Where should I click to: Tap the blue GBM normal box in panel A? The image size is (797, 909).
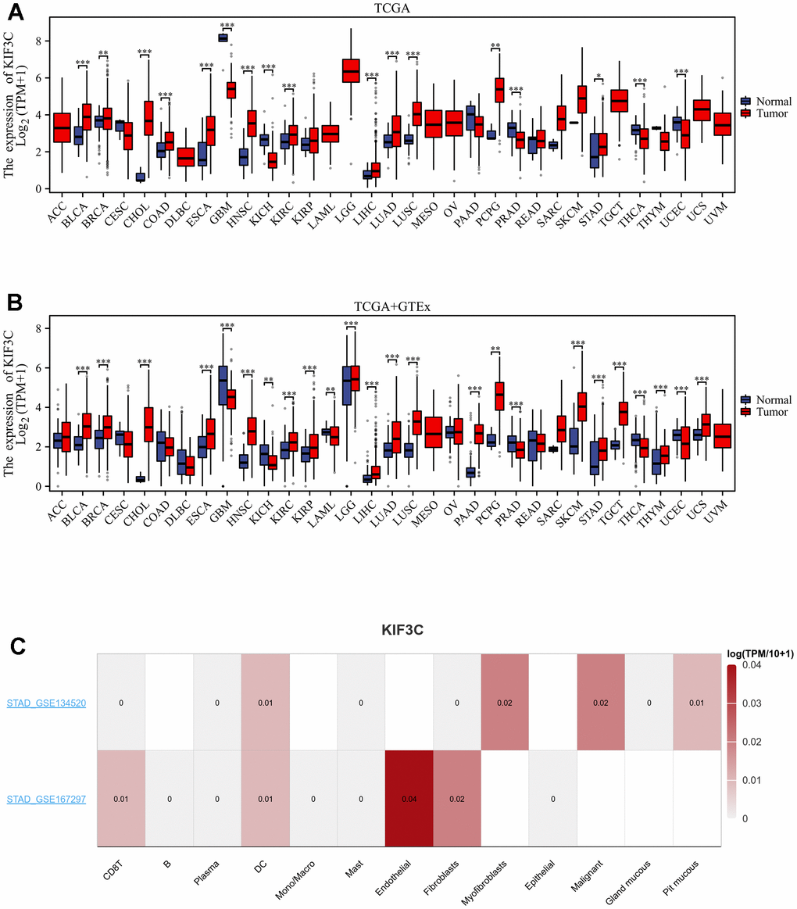(x=223, y=38)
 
